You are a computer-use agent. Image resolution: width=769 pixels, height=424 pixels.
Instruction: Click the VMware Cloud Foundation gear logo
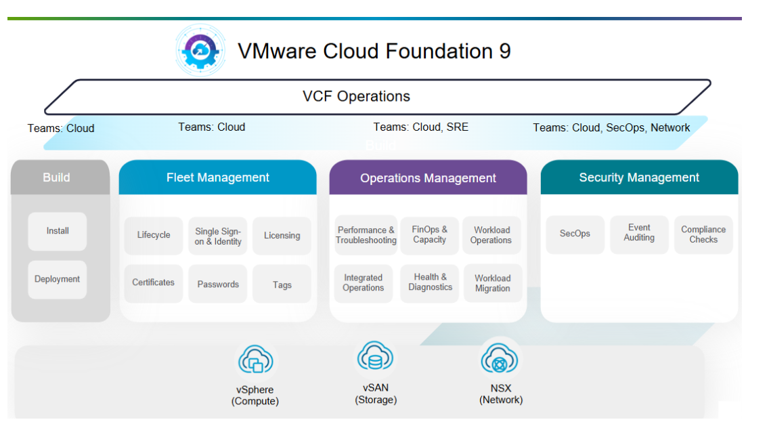200,50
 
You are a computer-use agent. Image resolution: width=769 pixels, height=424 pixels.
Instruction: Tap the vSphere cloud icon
255,361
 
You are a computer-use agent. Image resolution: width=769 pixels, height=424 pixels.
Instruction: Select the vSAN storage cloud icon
375,356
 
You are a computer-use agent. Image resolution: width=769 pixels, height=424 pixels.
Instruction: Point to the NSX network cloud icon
500,358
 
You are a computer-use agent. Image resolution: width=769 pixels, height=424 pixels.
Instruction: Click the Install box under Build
58,231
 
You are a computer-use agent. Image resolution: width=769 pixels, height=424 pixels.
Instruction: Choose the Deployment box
58,279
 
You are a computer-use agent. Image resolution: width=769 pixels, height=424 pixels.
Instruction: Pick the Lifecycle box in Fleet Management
154,235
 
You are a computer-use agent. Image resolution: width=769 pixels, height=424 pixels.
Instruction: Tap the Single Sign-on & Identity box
218,236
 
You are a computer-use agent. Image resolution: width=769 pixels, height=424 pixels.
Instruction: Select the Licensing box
282,236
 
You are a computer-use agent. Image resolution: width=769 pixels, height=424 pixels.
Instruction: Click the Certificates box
154,283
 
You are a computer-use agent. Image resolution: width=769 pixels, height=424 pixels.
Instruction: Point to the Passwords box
218,284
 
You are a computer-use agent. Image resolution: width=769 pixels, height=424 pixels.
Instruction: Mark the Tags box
282,284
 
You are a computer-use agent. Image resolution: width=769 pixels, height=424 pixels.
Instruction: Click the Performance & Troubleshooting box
366,235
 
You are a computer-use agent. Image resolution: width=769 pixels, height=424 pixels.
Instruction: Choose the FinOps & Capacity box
430,235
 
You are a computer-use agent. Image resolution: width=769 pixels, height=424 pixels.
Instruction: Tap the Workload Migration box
493,283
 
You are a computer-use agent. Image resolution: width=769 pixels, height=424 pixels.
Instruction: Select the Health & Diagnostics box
430,283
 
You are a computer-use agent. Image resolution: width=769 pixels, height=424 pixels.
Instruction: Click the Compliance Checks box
703,234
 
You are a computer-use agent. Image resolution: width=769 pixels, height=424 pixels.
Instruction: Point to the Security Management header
639,177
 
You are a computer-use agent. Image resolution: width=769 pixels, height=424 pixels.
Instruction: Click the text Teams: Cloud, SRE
421,127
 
